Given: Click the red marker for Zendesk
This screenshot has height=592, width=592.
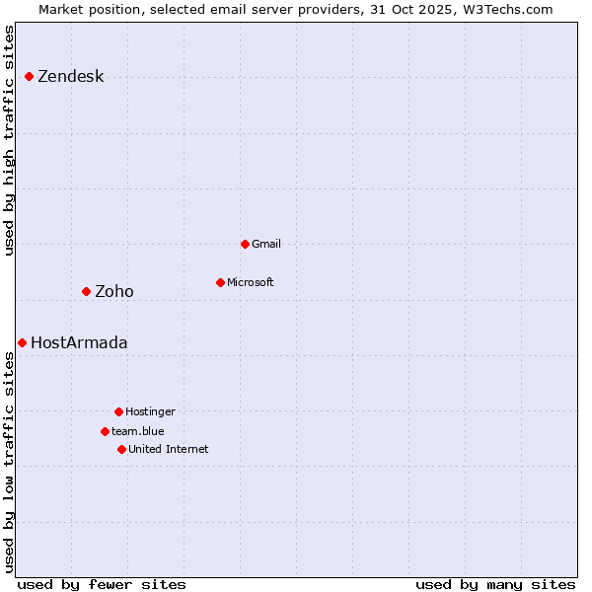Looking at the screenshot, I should pos(30,76).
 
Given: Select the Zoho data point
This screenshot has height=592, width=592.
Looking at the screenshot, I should pos(87,291).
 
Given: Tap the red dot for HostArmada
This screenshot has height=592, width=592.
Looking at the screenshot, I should pos(23,342).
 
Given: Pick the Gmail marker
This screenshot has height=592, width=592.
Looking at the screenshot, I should pos(245,244).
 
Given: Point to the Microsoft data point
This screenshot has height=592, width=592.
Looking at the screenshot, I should pos(220,282).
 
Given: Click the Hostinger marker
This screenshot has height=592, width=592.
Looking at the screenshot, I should pos(118,411).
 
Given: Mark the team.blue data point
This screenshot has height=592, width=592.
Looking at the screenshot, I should pos(105,431).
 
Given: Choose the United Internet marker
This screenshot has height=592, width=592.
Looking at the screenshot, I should pos(121,449).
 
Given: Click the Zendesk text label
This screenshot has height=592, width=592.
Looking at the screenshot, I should pos(70,77).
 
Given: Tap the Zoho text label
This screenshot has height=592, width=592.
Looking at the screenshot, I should pos(114,291).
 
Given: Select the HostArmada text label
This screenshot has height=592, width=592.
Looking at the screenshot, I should pos(79,343).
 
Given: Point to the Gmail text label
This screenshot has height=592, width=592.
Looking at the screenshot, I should pos(266,244).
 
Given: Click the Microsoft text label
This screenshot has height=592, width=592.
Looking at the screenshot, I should pos(251,282).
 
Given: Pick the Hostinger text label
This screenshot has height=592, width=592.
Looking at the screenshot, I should pos(150,411).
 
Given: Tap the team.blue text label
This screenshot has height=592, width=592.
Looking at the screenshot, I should pos(138,431).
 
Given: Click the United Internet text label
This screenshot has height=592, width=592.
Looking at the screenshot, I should pos(169,449).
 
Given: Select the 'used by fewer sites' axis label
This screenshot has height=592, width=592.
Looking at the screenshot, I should pos(102,584).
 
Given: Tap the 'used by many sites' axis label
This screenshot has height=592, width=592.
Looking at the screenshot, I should pos(495,584).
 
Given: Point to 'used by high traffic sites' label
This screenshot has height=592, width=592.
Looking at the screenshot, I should pos(9,140).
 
